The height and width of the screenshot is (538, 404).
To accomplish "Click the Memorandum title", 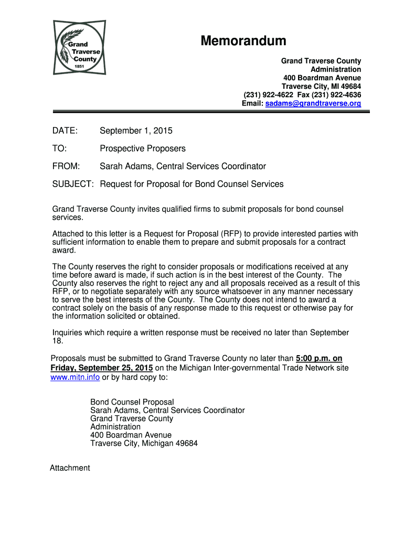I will click(x=243, y=41).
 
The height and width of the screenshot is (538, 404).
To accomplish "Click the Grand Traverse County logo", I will click(x=79, y=47).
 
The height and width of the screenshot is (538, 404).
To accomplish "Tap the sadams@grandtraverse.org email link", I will click(x=313, y=104).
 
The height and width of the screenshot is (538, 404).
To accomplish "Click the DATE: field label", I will click(x=65, y=130).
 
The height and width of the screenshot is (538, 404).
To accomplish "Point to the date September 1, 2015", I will click(x=136, y=130).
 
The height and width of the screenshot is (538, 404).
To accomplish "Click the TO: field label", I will click(x=59, y=149).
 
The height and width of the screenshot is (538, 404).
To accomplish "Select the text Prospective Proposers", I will click(x=143, y=149).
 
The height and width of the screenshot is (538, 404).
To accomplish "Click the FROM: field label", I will click(x=66, y=167).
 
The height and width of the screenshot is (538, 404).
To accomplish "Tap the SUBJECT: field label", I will click(x=73, y=184).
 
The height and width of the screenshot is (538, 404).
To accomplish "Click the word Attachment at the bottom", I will click(x=70, y=468).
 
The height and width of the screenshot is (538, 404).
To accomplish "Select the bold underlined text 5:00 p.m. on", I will click(x=319, y=359).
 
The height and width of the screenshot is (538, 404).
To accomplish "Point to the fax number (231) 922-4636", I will click(x=336, y=95).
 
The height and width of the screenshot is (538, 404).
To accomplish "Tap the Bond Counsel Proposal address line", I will click(x=132, y=402).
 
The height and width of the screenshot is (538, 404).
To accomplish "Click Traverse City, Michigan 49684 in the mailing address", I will click(x=144, y=443).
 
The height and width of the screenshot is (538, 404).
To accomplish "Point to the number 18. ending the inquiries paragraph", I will click(x=57, y=341).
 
